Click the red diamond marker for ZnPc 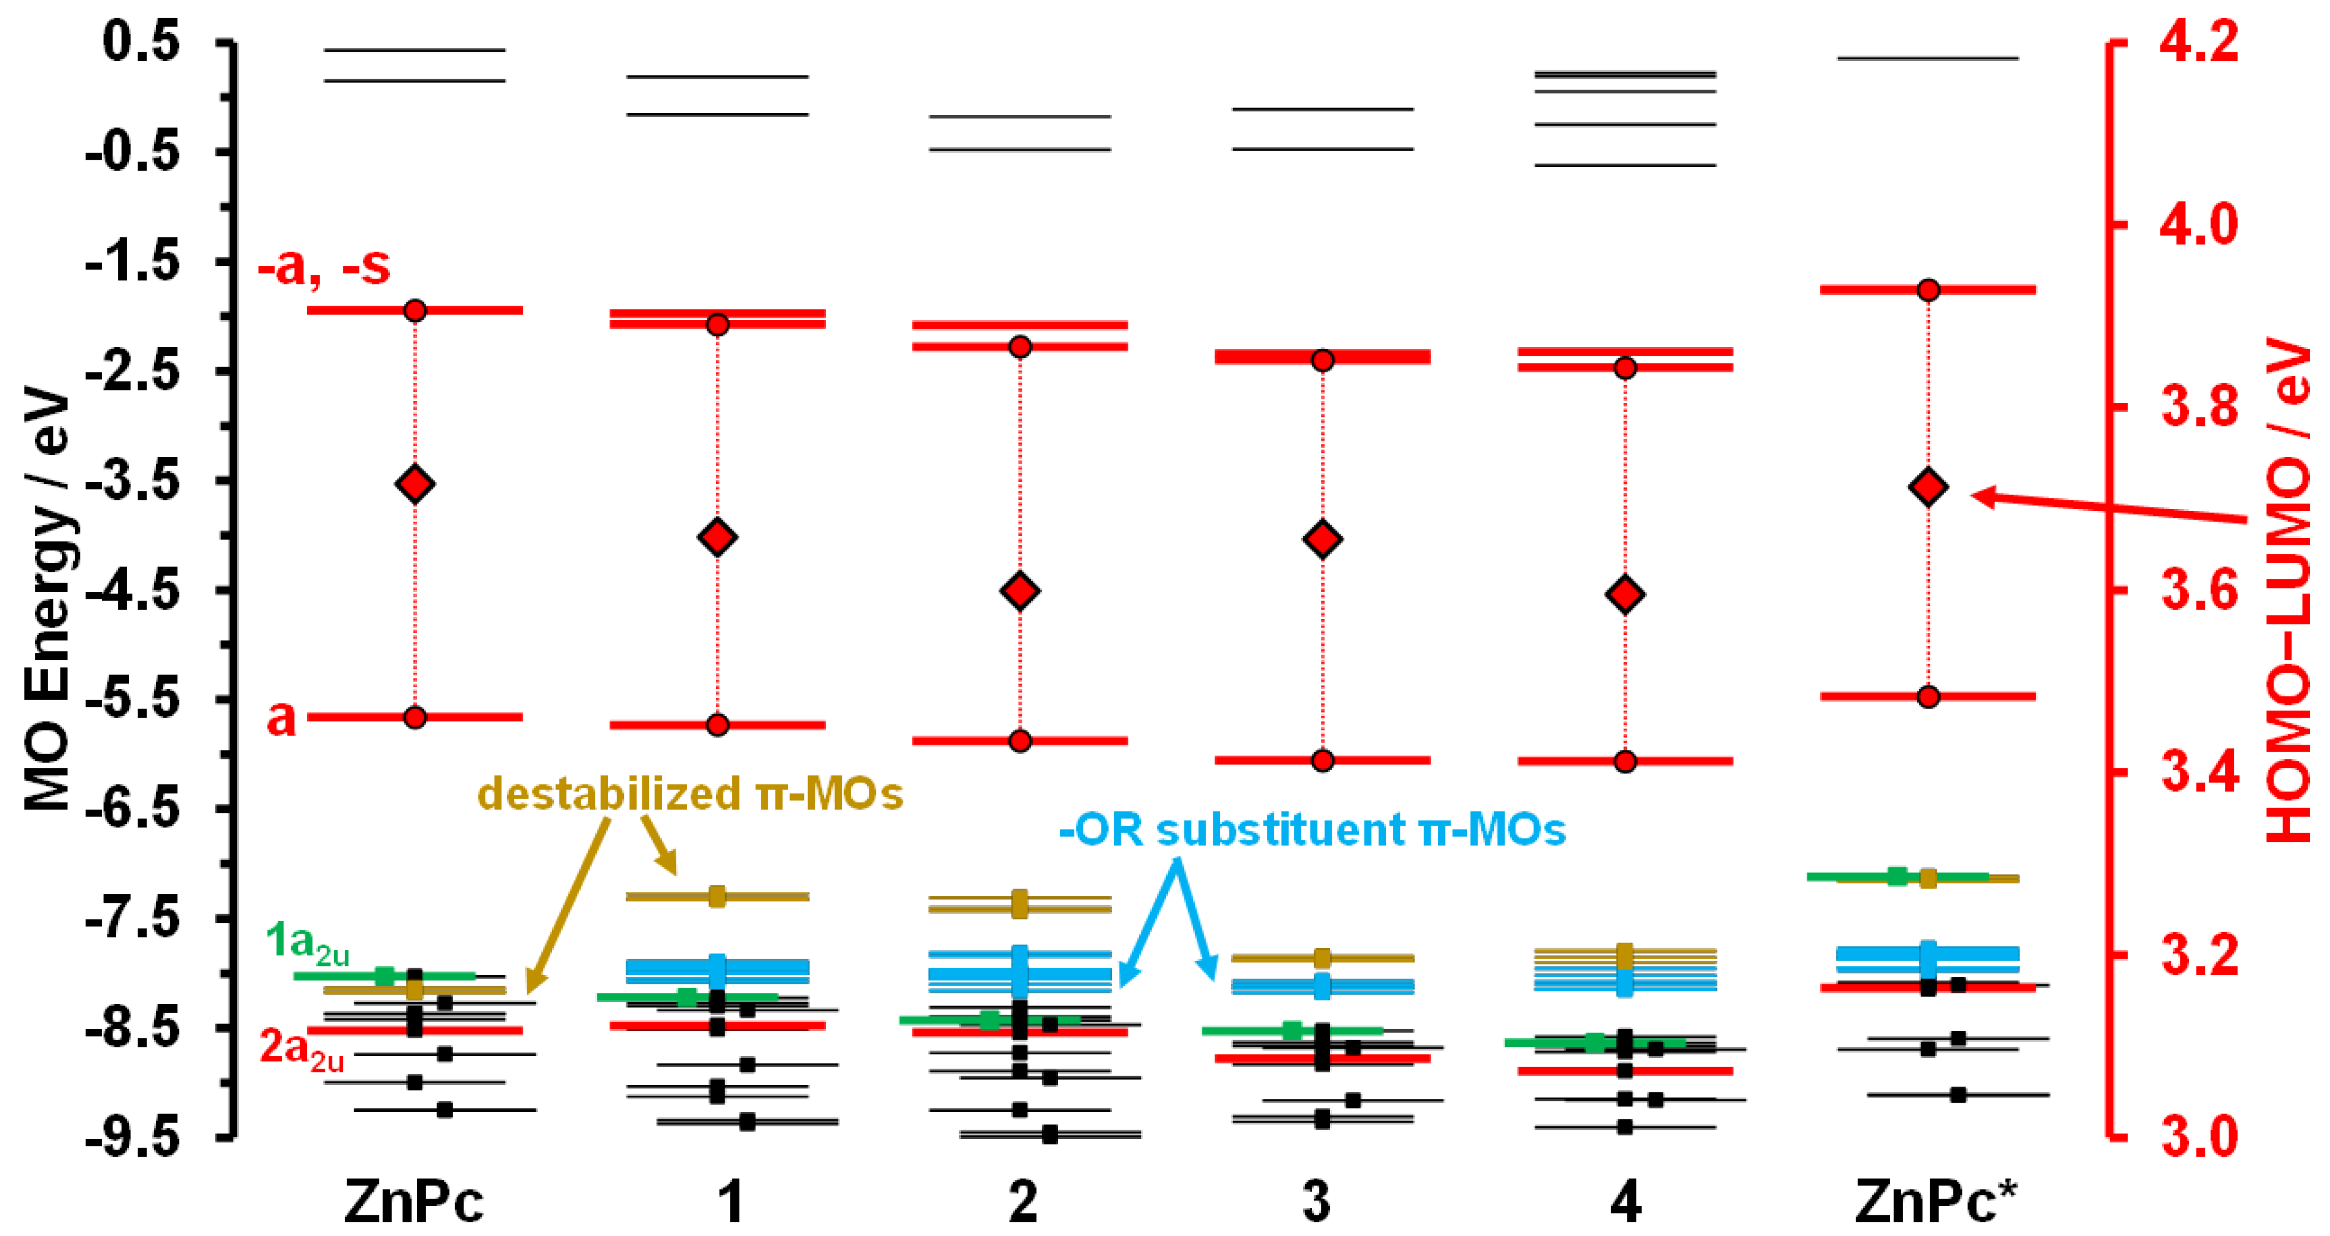[x=415, y=484]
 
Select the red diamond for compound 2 [x=1020, y=591]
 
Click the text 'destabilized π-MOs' [x=690, y=794]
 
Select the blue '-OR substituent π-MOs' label [x=1312, y=830]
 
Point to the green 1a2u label [x=306, y=943]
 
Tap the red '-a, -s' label [x=324, y=266]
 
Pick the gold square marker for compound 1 [x=717, y=896]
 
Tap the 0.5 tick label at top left [x=141, y=43]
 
